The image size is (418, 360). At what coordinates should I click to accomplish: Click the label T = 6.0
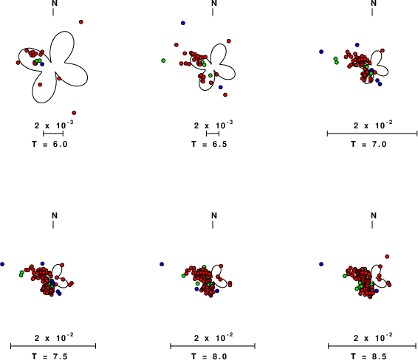point(49,144)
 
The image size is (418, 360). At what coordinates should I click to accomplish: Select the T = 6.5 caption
point(209,144)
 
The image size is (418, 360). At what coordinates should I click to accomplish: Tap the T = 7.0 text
point(369,144)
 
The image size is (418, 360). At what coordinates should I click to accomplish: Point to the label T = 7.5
point(49,356)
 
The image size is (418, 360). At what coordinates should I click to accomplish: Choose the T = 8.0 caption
point(209,356)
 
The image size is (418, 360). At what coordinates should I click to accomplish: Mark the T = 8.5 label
point(369,356)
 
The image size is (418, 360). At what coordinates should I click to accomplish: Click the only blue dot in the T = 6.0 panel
point(42,64)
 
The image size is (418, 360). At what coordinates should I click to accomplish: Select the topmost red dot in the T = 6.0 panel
point(81,22)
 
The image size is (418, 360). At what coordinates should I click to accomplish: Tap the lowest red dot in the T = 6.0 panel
point(74,113)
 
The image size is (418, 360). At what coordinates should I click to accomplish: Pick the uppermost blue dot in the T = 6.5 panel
point(183,23)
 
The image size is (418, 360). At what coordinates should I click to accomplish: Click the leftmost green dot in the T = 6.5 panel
point(163,60)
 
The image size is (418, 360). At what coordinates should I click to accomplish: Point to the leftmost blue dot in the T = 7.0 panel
point(321,52)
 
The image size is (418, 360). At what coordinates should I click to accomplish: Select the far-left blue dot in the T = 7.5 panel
point(2,264)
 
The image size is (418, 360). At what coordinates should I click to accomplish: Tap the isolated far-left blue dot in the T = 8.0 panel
point(162,264)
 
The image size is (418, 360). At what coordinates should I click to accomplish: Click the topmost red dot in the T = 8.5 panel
point(387,257)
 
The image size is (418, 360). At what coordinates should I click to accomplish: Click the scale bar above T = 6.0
point(53,134)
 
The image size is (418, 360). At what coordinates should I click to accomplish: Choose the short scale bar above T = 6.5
point(213,134)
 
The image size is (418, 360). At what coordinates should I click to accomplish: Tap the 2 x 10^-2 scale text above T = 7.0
point(373,125)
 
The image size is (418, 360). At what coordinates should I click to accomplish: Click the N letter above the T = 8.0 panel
point(214,215)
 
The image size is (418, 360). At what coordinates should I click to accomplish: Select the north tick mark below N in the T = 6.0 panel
point(53,13)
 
